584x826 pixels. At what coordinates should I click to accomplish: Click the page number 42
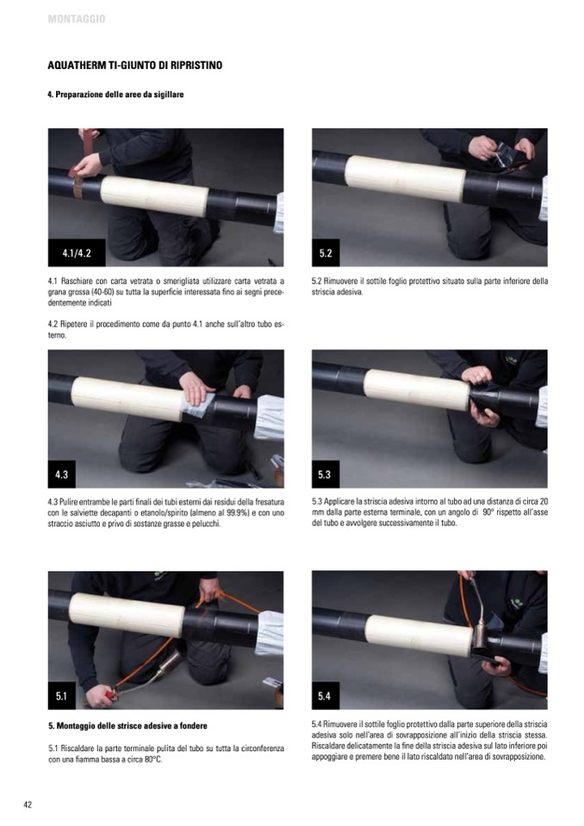28,804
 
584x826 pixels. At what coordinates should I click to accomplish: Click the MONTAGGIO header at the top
77,19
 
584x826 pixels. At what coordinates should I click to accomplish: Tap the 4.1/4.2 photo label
77,253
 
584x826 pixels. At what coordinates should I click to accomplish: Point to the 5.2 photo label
326,253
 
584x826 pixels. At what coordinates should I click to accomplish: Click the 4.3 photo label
62,474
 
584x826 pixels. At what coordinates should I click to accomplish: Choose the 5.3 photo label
326,474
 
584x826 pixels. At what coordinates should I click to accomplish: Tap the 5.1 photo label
62,696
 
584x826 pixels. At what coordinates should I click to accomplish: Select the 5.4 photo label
326,696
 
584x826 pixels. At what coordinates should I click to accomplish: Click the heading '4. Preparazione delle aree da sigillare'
115,95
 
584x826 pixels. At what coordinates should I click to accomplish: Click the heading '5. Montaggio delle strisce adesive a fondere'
127,725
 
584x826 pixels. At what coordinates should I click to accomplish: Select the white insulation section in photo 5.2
405,177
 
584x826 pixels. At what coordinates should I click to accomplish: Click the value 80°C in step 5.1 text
150,760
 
